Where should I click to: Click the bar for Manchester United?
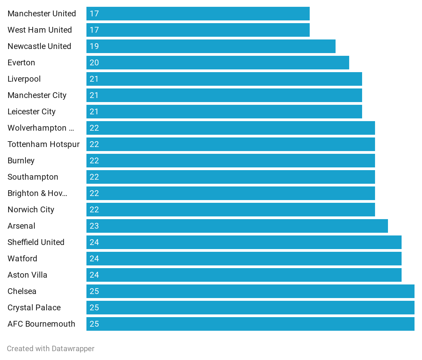tap(198, 14)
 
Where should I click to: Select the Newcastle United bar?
tap(211, 46)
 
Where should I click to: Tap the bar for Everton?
tap(218, 63)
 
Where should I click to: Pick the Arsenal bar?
tap(237, 226)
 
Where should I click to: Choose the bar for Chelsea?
tap(250, 291)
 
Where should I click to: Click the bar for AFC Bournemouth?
tap(250, 324)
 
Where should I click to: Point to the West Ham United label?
tap(40, 30)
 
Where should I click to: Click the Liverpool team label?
tap(24, 79)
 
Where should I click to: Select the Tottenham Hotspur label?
tap(44, 144)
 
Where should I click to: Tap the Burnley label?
tap(21, 161)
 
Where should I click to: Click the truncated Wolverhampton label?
tap(41, 128)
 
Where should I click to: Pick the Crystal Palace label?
tap(34, 308)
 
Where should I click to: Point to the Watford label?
tap(22, 259)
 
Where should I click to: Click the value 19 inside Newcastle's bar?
tap(94, 46)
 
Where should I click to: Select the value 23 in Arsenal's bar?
tap(94, 226)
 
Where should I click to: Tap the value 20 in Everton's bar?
tap(94, 63)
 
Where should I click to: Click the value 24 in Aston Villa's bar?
tap(94, 275)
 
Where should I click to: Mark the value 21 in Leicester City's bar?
tap(94, 112)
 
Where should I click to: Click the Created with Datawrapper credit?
tap(51, 348)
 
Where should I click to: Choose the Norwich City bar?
tap(231, 210)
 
